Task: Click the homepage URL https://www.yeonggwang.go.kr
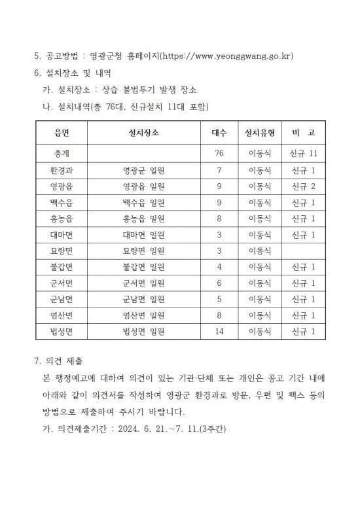[227, 56]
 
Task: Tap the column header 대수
[219, 133]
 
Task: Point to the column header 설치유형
[259, 133]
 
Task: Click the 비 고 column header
[303, 133]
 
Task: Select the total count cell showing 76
[219, 154]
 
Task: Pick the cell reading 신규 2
[303, 186]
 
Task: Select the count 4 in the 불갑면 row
[219, 267]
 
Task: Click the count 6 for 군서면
[219, 283]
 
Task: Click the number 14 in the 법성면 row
[219, 332]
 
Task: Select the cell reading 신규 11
[303, 154]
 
